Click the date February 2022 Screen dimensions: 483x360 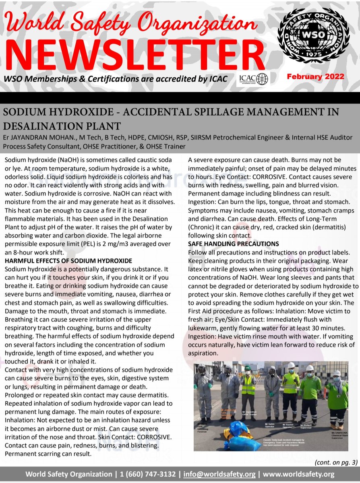tap(315, 76)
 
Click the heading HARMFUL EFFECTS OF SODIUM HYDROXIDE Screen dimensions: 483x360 tap(68, 261)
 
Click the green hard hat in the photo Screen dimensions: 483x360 tap(248, 368)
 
